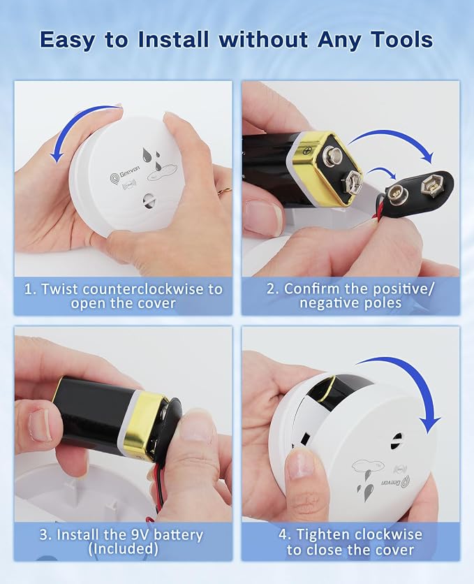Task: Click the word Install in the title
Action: click(173, 40)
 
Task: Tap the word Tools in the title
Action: click(402, 40)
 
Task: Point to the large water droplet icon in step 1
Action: click(148, 154)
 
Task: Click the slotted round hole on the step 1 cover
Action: click(149, 200)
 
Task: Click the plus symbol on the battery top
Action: click(307, 151)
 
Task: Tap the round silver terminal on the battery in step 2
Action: click(332, 154)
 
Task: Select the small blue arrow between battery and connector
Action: click(381, 173)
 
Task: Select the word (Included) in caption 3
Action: click(124, 549)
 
